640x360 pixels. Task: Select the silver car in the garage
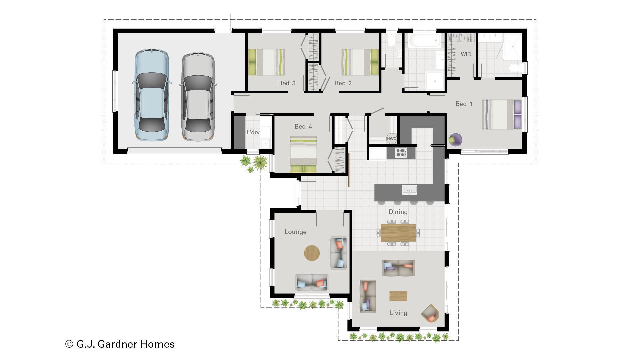point(198,96)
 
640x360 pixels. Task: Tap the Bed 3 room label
point(287,83)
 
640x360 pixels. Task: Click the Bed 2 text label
point(343,83)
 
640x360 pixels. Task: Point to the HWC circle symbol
point(391,139)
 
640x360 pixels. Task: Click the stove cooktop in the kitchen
point(401,153)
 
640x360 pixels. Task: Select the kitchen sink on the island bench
point(409,190)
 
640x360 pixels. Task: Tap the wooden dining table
point(398,232)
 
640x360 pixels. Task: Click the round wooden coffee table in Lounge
point(312,253)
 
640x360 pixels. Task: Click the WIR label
point(466,54)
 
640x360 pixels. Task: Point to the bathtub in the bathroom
point(424,41)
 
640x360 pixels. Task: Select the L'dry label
point(253,133)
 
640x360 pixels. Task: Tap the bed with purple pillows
point(501,114)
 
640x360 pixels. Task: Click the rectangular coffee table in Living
point(398,296)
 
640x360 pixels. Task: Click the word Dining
point(398,212)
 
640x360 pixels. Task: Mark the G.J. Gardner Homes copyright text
point(120,344)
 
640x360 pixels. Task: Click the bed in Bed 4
point(303,154)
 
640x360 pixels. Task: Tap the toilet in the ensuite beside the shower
point(516,68)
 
